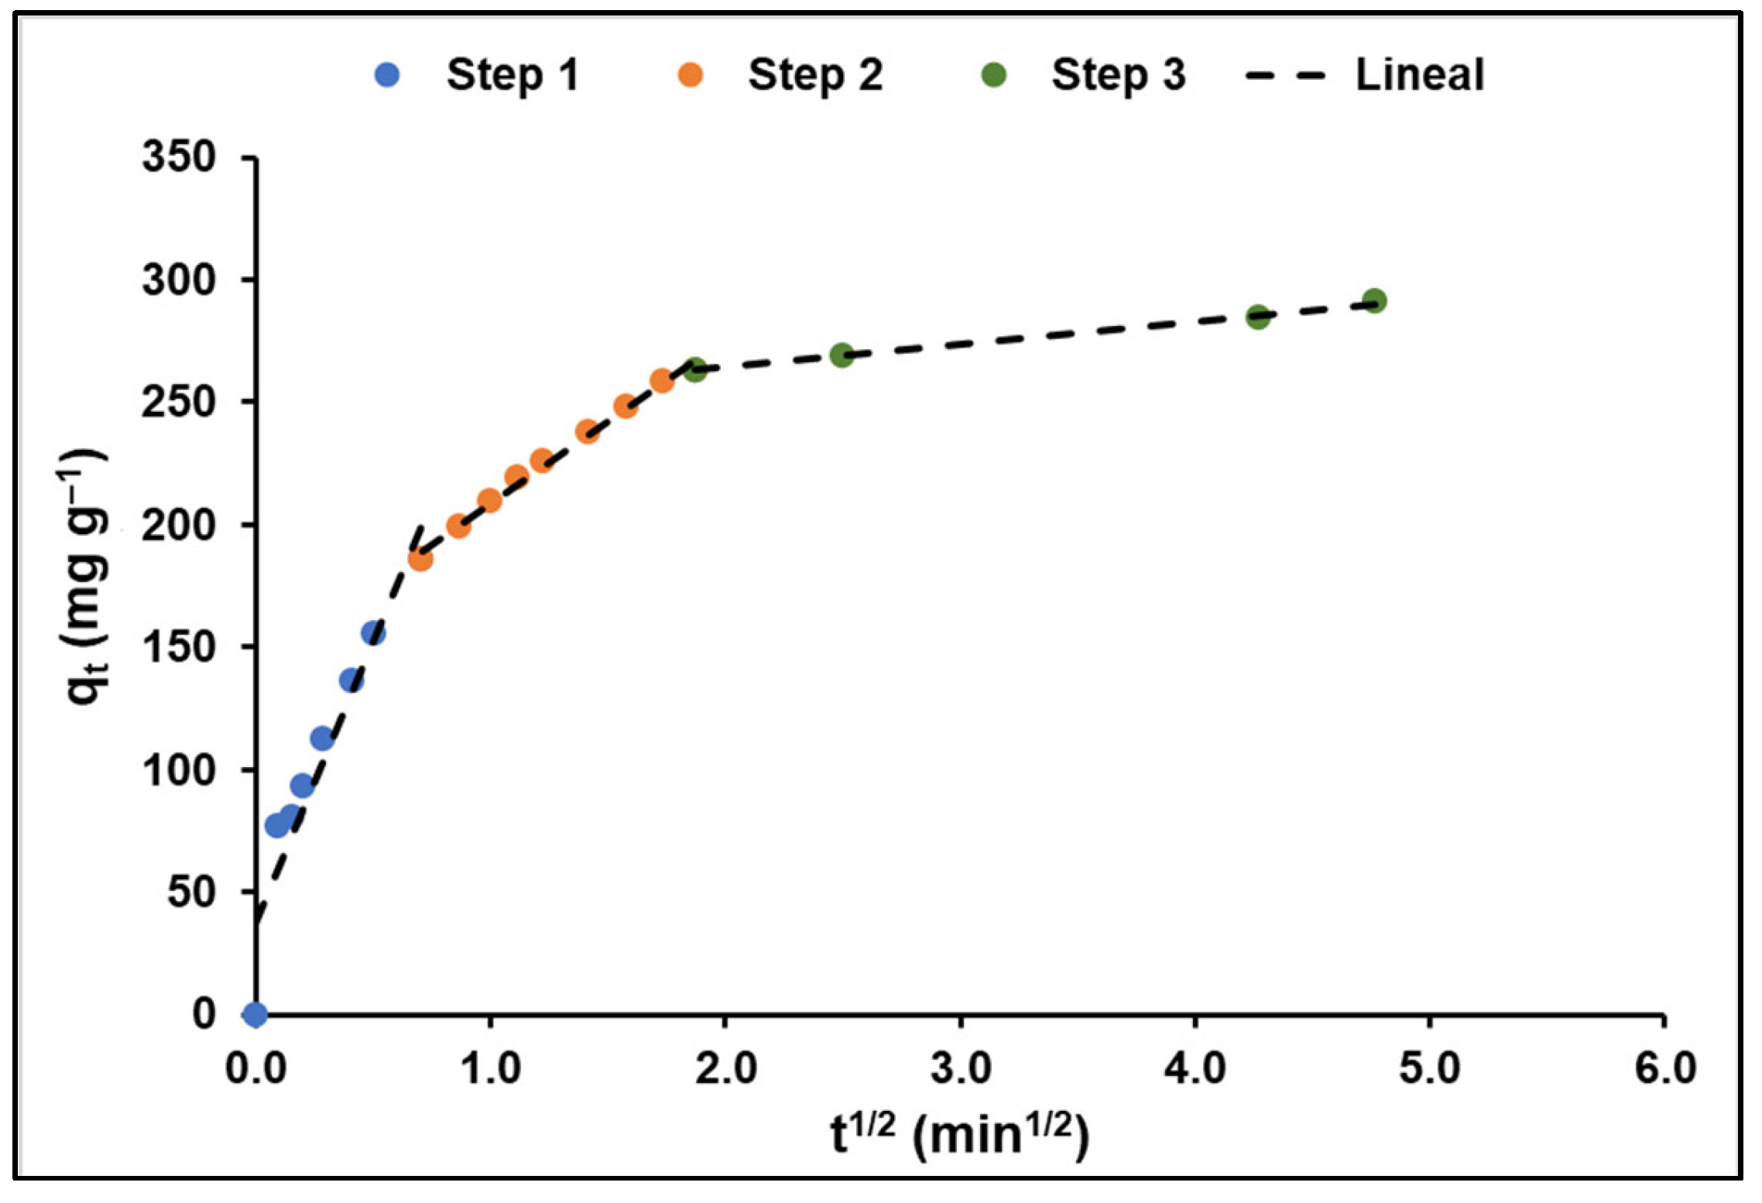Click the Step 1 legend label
point(512,75)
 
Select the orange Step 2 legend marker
point(690,75)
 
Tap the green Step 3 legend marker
point(993,75)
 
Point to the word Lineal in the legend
point(1419,75)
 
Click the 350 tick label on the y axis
point(179,157)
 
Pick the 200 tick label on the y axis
point(179,525)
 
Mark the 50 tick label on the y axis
point(191,892)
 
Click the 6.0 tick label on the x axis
point(1664,1069)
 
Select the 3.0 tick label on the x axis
point(961,1069)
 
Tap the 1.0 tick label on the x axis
point(490,1069)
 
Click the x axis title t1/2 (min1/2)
point(960,1135)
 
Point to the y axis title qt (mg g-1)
point(84,577)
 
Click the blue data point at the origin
point(255,1013)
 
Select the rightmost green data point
point(1374,300)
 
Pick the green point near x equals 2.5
point(842,355)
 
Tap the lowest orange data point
point(420,559)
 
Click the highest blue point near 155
point(374,633)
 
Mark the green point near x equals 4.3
point(1258,316)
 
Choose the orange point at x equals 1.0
point(489,501)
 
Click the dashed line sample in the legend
point(1286,75)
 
